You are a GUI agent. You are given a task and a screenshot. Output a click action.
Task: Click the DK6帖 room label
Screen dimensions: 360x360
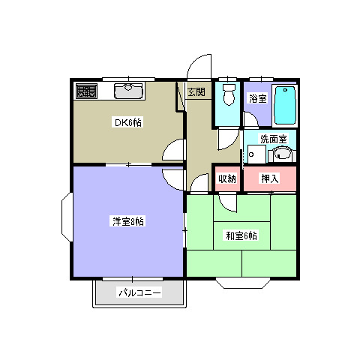click(x=128, y=122)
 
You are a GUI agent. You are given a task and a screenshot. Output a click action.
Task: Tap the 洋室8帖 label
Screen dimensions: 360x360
click(x=127, y=221)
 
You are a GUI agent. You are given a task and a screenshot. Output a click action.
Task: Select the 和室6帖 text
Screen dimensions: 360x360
click(x=241, y=236)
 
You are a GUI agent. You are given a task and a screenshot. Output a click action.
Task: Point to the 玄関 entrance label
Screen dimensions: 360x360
click(x=196, y=93)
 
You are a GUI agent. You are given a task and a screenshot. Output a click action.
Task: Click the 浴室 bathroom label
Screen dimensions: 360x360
click(x=257, y=99)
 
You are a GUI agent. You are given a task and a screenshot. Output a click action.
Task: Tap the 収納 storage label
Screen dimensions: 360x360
click(x=226, y=178)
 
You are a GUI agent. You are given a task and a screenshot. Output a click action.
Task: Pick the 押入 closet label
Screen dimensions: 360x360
click(x=269, y=178)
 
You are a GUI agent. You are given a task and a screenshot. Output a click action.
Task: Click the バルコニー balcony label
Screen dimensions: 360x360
click(x=139, y=293)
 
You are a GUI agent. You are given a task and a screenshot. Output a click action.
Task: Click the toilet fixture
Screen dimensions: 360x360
click(x=229, y=95)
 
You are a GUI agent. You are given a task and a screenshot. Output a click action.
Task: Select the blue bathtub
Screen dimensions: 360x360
click(x=284, y=104)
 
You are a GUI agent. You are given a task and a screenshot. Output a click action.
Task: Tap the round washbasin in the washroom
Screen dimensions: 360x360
click(x=283, y=155)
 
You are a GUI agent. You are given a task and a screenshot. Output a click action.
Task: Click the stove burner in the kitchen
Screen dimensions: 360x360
click(x=86, y=92)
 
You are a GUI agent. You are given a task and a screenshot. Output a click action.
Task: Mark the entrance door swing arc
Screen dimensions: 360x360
click(x=199, y=66)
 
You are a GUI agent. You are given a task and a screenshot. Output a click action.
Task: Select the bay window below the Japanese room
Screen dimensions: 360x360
click(x=242, y=283)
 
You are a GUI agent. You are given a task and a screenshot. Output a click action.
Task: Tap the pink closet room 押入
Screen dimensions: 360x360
click(x=269, y=178)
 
